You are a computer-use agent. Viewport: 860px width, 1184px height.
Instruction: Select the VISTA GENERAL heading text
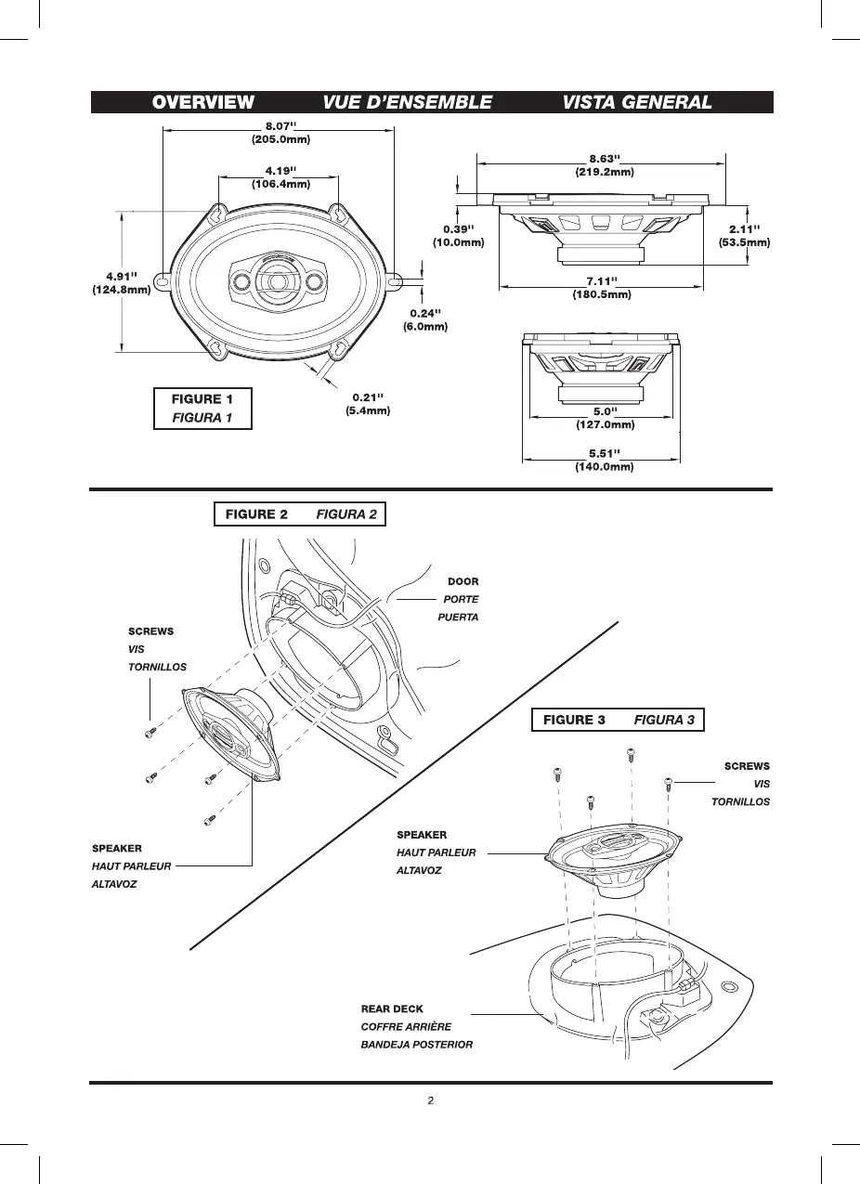pyautogui.click(x=637, y=102)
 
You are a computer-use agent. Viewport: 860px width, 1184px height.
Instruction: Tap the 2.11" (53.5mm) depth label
pyautogui.click(x=745, y=235)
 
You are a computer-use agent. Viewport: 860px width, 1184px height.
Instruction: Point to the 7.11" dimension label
pyautogui.click(x=602, y=287)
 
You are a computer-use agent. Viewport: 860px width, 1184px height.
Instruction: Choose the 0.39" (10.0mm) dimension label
pyautogui.click(x=459, y=235)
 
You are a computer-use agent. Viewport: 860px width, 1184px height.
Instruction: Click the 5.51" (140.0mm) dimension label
pyautogui.click(x=604, y=460)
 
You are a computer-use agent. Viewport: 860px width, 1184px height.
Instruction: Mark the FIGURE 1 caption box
pyautogui.click(x=202, y=409)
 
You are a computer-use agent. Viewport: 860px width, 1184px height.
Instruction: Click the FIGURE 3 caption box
pyautogui.click(x=618, y=720)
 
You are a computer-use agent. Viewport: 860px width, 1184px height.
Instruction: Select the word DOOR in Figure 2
pyautogui.click(x=463, y=582)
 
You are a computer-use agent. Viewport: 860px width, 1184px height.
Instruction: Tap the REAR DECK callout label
pyautogui.click(x=392, y=1008)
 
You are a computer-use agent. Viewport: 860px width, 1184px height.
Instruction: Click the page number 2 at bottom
pyautogui.click(x=430, y=1102)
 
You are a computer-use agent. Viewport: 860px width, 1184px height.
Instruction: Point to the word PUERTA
pyautogui.click(x=458, y=618)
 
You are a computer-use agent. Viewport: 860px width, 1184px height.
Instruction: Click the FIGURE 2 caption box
pyautogui.click(x=299, y=514)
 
